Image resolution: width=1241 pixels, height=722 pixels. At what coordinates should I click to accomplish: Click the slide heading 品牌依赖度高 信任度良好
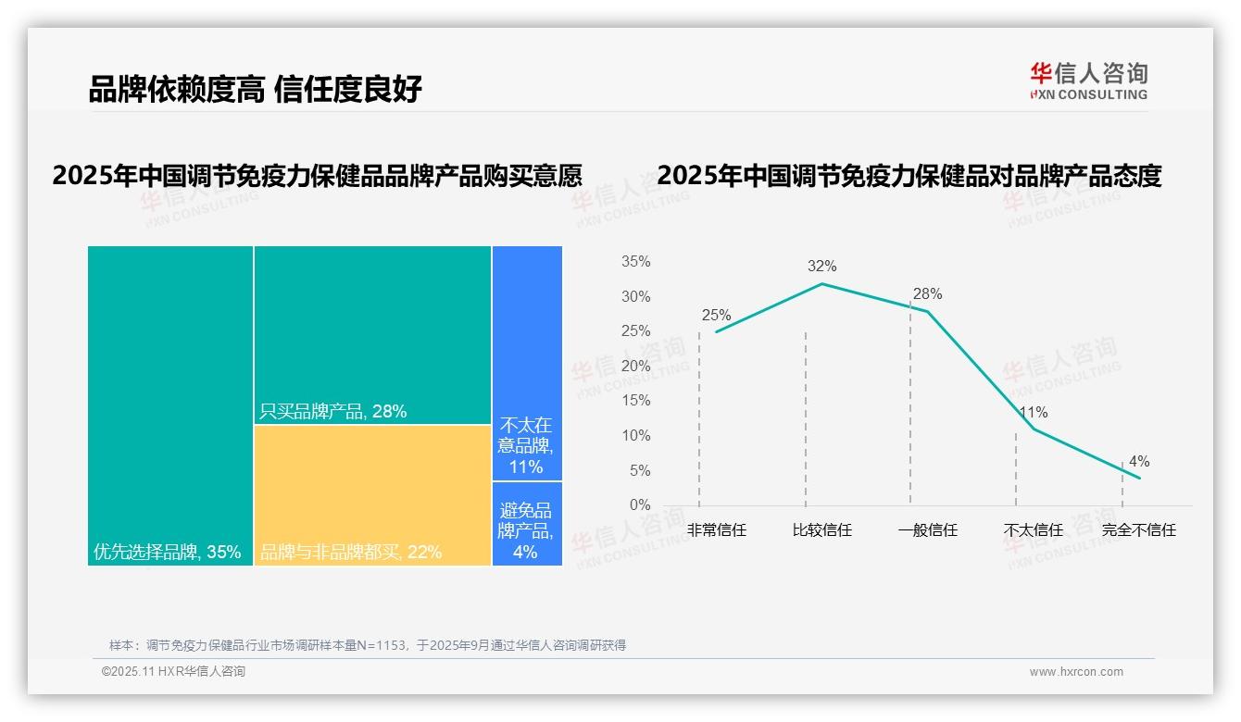pos(255,89)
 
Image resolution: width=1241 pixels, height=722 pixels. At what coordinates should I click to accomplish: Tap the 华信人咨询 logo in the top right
pos(1088,81)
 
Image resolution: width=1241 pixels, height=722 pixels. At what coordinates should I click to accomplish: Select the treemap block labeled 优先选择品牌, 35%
pos(170,405)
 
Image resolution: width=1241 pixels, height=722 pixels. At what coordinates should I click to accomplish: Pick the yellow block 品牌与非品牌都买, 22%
pos(372,494)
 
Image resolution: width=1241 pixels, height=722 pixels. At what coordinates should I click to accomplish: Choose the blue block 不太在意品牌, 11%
pos(527,363)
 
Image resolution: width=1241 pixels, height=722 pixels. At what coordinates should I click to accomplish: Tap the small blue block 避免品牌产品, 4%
pos(527,524)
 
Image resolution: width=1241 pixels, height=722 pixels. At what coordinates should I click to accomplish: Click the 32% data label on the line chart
pos(821,267)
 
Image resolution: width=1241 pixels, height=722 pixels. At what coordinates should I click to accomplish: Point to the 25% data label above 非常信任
pos(716,316)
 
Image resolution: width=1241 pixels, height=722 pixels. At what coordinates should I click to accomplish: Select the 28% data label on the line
pos(927,294)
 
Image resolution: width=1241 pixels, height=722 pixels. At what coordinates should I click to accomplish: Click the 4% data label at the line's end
pos(1138,462)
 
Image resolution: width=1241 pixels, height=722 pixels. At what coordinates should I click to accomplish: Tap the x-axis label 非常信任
pos(716,530)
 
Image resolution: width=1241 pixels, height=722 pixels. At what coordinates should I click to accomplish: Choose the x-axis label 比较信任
pos(821,530)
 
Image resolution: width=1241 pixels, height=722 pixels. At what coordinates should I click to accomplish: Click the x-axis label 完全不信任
pos(1138,530)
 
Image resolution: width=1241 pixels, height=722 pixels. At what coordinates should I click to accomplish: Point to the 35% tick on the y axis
pos(635,262)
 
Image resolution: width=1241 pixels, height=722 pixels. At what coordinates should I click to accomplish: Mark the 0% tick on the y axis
pos(640,505)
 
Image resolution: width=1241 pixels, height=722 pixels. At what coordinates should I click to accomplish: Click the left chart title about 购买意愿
pos(317,176)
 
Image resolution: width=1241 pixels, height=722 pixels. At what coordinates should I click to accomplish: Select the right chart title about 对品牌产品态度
pos(909,176)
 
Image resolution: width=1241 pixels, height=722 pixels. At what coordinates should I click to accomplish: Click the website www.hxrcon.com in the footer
pos(1075,672)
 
